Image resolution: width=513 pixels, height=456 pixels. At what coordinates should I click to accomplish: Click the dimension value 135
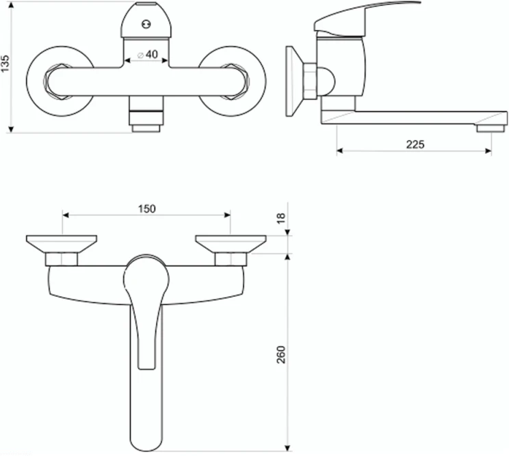(x=5, y=64)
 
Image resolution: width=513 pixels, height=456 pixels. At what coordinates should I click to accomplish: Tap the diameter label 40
(x=151, y=54)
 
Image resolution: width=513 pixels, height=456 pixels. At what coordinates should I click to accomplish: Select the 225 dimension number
(x=415, y=144)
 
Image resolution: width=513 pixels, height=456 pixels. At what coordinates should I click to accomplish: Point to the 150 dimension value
(x=146, y=209)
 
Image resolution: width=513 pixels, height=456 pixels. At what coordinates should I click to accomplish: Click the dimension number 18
(x=281, y=218)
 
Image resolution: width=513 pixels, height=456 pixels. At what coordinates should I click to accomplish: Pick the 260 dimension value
(x=281, y=354)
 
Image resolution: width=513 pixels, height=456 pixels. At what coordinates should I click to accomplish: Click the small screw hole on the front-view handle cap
(x=146, y=24)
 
